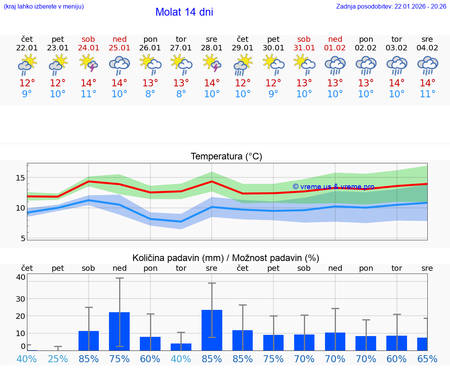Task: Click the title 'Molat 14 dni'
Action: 184,12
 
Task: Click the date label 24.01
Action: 89,48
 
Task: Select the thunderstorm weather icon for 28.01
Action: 212,64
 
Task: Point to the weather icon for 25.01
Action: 120,65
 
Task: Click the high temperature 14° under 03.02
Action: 397,83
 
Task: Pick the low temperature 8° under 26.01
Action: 150,94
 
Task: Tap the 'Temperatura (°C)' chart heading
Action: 226,156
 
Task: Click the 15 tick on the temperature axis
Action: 20,178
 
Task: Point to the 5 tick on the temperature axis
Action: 23,238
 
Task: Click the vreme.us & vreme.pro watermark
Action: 333,187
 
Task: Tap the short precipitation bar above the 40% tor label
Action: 181,347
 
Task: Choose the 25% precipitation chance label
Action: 58,359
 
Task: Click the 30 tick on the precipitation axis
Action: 20,299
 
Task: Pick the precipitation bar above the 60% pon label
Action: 150,343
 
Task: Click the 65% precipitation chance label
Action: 427,359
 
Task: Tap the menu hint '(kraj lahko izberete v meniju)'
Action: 44,6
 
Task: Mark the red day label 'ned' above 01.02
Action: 335,39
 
